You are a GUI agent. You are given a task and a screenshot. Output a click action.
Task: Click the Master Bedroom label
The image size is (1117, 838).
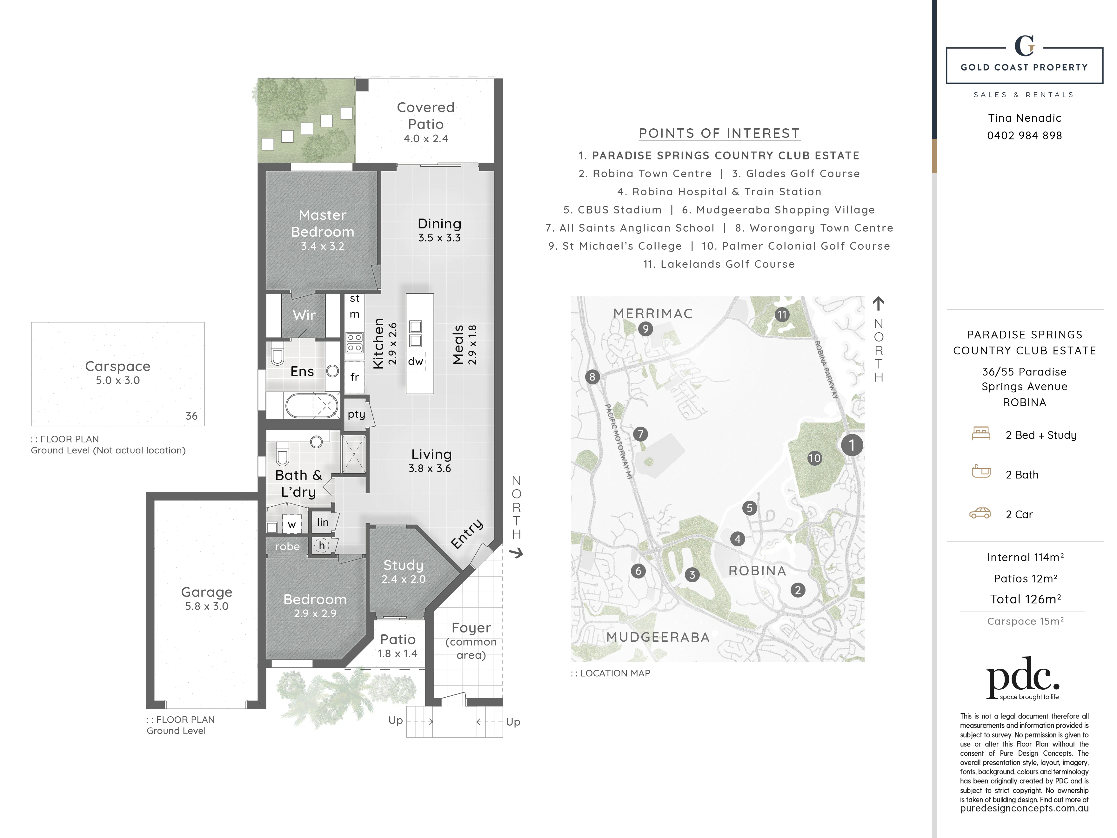click(323, 223)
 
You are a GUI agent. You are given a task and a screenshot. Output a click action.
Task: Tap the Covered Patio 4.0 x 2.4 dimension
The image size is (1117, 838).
click(426, 139)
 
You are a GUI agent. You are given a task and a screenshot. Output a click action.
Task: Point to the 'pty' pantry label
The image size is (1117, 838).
click(356, 414)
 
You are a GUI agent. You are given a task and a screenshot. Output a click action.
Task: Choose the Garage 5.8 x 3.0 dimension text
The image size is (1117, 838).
click(206, 606)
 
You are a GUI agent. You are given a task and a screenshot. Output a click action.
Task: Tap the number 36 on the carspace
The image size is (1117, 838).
click(191, 416)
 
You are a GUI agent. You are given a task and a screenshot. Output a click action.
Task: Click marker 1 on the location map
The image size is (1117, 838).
click(852, 445)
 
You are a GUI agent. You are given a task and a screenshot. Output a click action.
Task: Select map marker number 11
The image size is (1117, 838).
click(782, 315)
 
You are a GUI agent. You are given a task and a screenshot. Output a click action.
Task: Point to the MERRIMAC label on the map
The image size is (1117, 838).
click(653, 313)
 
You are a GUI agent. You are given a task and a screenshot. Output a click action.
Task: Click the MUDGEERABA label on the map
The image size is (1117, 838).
click(658, 637)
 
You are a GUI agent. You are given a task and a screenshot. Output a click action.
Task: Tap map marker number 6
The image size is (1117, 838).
click(638, 571)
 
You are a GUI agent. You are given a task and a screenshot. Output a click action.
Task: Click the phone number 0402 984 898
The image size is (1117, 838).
click(1025, 135)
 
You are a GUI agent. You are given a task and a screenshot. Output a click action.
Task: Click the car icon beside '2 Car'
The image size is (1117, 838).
click(980, 513)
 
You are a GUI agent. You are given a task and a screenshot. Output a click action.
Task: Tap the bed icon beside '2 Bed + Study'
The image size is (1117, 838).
click(981, 433)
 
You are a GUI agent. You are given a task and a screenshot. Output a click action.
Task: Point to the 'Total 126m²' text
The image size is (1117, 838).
click(1025, 599)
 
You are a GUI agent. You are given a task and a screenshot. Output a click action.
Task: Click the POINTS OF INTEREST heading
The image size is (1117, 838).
click(719, 133)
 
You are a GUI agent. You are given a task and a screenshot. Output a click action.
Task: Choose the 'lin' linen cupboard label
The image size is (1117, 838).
click(323, 522)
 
